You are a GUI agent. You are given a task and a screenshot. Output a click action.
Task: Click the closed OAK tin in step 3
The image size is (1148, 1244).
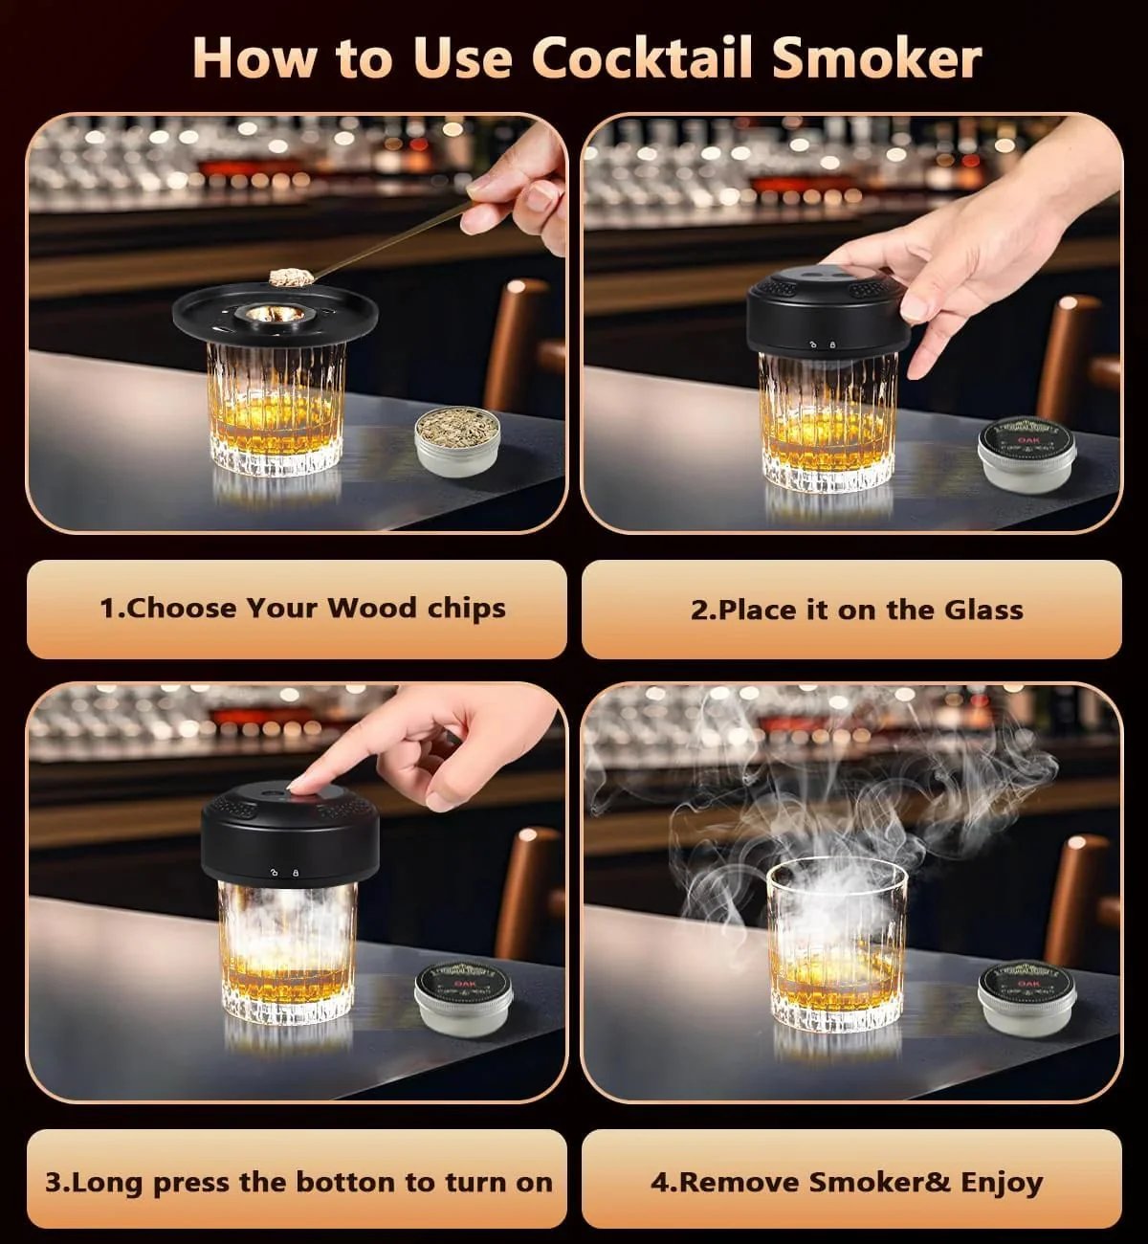tap(465, 1000)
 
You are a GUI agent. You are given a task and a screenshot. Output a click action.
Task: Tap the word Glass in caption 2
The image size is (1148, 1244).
tap(983, 610)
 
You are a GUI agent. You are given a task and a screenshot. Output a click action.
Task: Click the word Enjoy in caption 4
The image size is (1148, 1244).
tap(1001, 1182)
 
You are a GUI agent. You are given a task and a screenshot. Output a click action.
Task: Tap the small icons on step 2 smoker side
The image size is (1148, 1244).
tap(821, 344)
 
